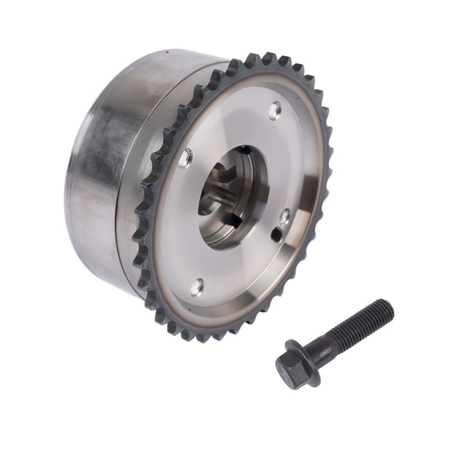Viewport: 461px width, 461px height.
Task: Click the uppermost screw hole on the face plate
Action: coord(275,111)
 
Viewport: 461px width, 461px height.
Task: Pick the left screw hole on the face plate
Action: coord(185,158)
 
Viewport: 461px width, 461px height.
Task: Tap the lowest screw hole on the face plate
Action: coord(197,287)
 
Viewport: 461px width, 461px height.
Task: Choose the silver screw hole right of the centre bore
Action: coord(284,217)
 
